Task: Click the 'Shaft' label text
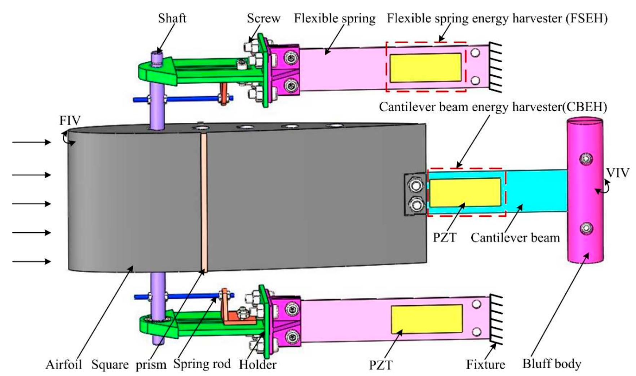172,18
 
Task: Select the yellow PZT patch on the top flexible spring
426,68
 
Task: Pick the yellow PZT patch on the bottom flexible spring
427,319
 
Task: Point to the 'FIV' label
70,120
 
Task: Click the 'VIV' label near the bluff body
617,173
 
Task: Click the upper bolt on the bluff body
586,158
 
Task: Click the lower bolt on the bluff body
586,228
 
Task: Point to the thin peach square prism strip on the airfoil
204,202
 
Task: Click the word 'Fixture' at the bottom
485,364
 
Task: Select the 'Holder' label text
257,364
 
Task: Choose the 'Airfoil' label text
64,364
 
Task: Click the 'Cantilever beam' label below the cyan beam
515,238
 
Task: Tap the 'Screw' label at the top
264,18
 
